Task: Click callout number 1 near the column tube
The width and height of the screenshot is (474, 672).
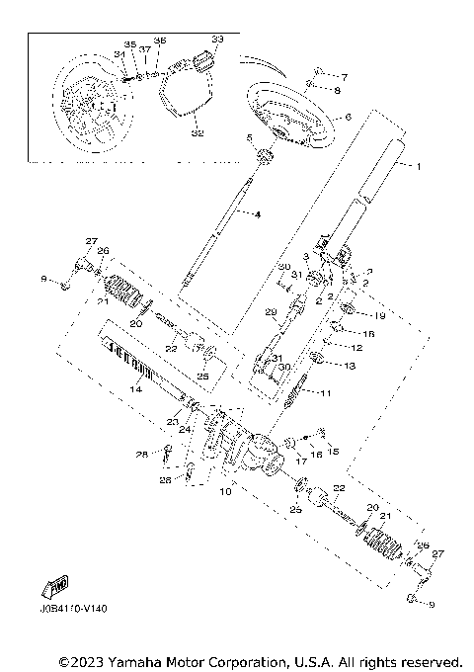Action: [418, 166]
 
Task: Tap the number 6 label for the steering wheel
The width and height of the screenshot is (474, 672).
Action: [349, 117]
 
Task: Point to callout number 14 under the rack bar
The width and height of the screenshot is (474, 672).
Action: [137, 390]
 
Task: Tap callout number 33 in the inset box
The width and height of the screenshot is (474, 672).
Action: [217, 40]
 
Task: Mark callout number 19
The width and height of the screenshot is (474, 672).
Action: [380, 315]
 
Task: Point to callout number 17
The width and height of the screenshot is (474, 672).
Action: [299, 461]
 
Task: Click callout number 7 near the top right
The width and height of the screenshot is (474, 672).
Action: [345, 76]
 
